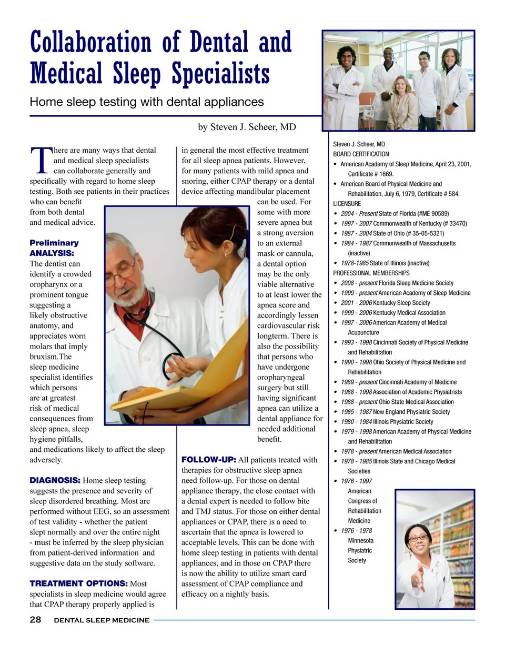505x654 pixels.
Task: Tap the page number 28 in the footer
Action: [35, 620]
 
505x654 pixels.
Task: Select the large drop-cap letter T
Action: [41, 160]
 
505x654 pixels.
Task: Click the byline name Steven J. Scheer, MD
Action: [247, 127]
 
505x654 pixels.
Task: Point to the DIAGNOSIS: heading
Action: [55, 480]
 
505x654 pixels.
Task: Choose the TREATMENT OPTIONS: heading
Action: [78, 583]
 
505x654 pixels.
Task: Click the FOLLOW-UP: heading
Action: [208, 460]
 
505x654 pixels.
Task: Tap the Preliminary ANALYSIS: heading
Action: [54, 247]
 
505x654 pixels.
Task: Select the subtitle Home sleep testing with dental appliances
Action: [147, 102]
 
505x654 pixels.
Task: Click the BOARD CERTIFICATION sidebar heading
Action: [361, 154]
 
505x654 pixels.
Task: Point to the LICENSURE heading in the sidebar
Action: [347, 203]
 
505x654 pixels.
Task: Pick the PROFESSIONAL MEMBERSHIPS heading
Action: [371, 273]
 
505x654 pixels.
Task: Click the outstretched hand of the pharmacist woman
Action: [417, 580]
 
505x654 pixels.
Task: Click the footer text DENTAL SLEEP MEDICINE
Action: [102, 620]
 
